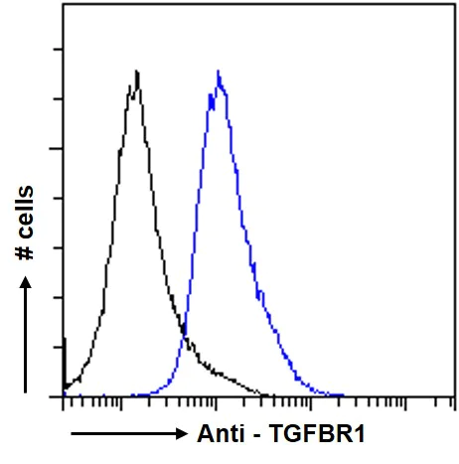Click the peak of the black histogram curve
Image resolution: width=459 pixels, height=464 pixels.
tap(136, 72)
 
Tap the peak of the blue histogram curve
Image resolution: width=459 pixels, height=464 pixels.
tap(218, 73)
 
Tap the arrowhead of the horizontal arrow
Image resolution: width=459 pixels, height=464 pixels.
tap(180, 435)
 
